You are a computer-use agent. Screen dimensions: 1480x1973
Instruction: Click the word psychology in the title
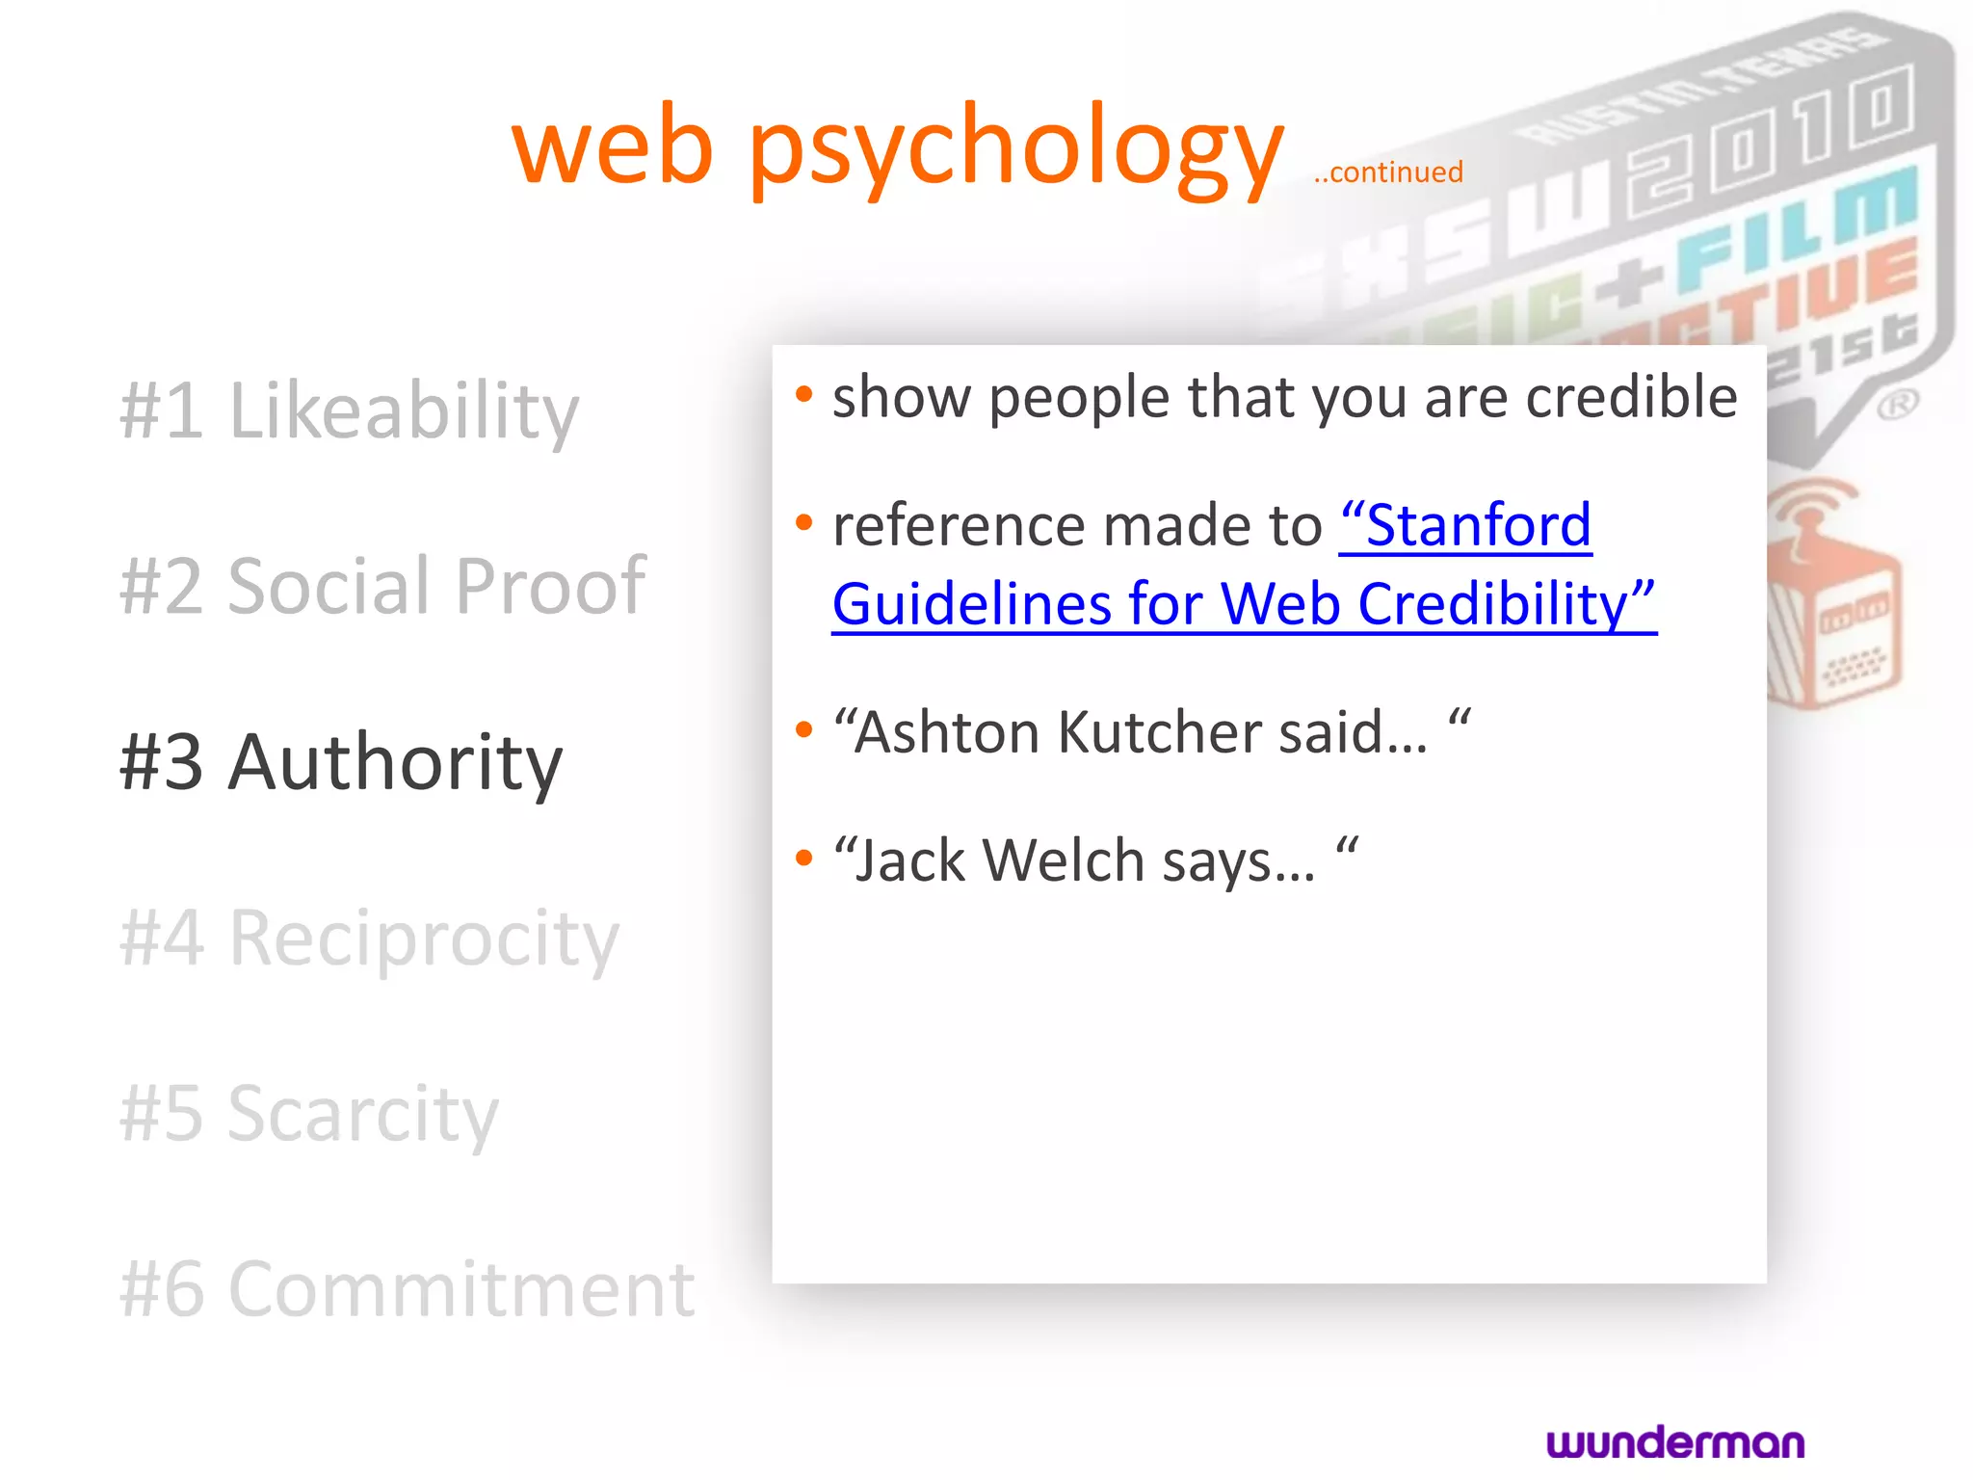click(1015, 149)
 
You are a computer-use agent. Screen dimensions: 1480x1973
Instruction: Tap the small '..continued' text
click(1388, 172)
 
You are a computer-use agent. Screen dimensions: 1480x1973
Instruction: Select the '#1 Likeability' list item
click(349, 410)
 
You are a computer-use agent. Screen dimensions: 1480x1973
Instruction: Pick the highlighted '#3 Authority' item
click(340, 761)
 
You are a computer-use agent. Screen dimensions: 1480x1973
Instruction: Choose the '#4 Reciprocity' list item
click(369, 938)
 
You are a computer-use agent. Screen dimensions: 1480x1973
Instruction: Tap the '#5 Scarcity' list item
click(309, 1113)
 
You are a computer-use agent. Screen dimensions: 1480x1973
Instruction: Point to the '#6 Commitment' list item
click(407, 1289)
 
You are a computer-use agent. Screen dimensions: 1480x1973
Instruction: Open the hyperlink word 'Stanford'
click(1466, 526)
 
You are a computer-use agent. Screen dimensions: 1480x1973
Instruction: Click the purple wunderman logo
click(1675, 1442)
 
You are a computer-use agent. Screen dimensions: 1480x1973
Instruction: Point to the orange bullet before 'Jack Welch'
click(804, 858)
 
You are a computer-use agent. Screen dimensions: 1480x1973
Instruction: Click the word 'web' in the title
click(613, 149)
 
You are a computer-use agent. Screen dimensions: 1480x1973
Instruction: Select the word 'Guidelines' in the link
click(970, 605)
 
